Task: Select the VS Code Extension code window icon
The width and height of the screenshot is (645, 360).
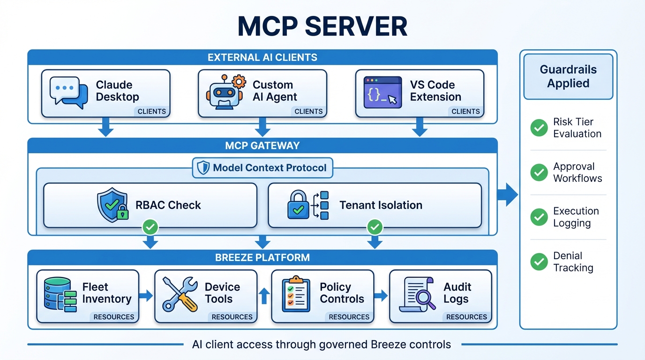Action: point(382,92)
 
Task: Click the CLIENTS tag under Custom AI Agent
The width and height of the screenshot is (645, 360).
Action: point(308,112)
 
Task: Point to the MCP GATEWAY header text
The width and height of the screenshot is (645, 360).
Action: point(262,145)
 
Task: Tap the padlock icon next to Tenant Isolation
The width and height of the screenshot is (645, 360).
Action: point(298,205)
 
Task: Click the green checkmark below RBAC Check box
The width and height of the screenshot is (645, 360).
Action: point(150,228)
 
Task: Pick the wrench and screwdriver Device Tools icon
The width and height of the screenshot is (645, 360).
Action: point(180,294)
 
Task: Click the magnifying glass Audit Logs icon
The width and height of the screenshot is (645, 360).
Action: point(417,295)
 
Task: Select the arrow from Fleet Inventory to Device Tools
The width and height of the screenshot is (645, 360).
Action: point(147,295)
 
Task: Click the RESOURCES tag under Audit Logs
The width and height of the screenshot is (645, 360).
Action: point(466,317)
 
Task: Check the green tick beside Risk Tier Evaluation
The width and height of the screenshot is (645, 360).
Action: point(539,128)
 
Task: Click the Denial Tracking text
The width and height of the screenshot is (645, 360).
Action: point(573,262)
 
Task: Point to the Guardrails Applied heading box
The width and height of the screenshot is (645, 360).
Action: point(568,76)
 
